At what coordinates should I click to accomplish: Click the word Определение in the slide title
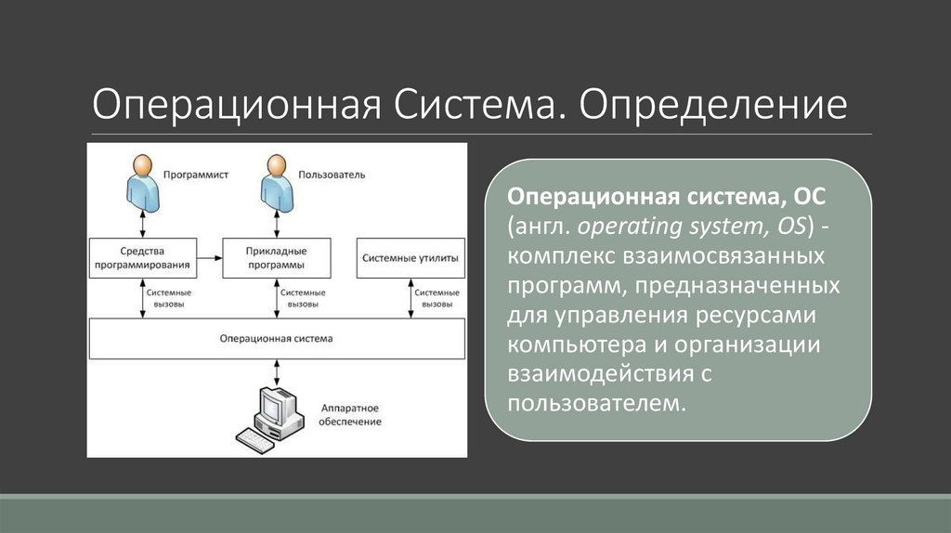pos(714,104)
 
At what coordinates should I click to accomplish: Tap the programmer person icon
pos(141,183)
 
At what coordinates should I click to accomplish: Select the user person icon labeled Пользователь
pos(277,183)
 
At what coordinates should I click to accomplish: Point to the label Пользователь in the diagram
pos(332,175)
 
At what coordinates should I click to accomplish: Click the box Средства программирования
pos(142,258)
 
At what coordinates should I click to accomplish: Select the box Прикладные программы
pos(277,258)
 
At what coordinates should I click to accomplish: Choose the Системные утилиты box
pos(410,258)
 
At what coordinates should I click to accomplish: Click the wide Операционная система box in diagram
pos(276,339)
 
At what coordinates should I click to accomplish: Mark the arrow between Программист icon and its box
pos(141,224)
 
